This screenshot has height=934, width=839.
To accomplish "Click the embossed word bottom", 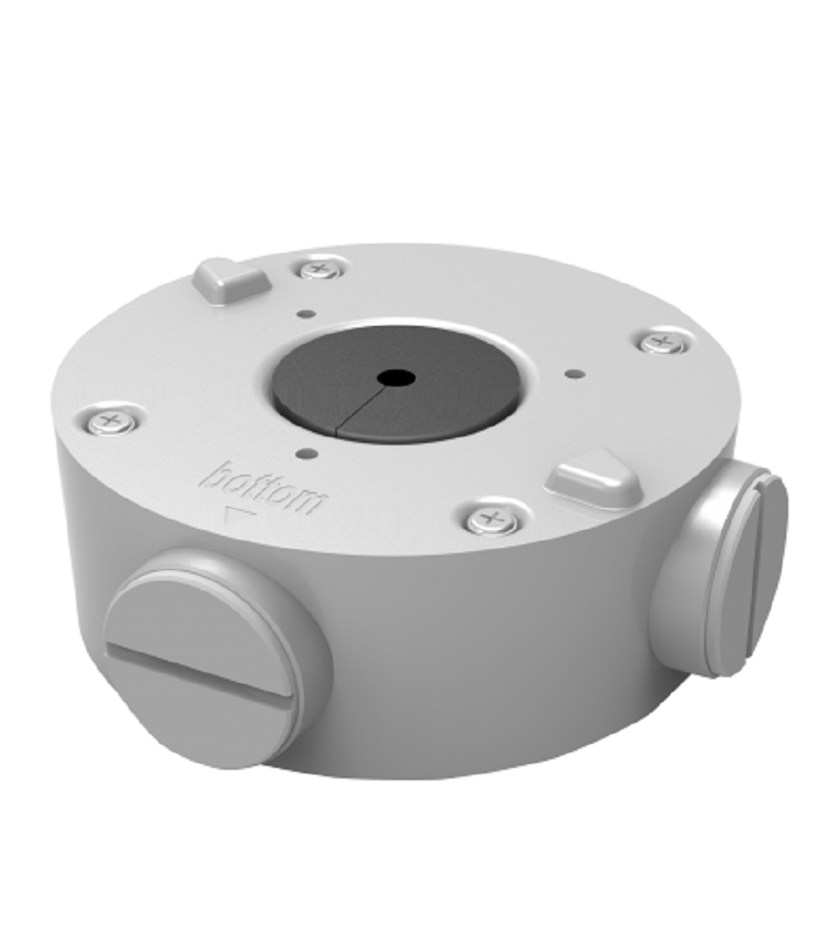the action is pyautogui.click(x=264, y=487).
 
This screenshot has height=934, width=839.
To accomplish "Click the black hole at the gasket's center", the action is pyautogui.click(x=397, y=377).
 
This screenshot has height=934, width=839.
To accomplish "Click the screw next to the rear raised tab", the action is pyautogui.click(x=319, y=270).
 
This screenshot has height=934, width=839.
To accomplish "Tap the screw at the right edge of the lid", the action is pyautogui.click(x=660, y=343).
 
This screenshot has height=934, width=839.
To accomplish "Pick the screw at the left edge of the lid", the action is pyautogui.click(x=110, y=423).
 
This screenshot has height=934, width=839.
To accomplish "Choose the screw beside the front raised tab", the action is pyautogui.click(x=491, y=520).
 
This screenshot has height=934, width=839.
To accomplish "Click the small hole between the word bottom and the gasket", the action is pyautogui.click(x=308, y=456).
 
